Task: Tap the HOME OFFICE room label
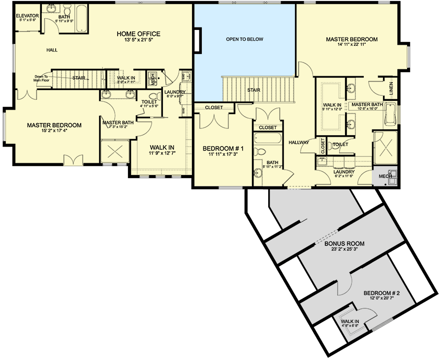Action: (x=138, y=34)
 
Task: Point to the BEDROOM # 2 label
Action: (x=381, y=294)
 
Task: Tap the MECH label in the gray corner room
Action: (x=384, y=176)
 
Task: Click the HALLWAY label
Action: (x=299, y=143)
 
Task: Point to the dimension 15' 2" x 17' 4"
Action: (x=54, y=131)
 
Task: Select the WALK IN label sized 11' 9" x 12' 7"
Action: (x=162, y=147)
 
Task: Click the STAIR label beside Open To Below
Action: (x=253, y=90)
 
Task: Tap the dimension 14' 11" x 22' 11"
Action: (x=352, y=46)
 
